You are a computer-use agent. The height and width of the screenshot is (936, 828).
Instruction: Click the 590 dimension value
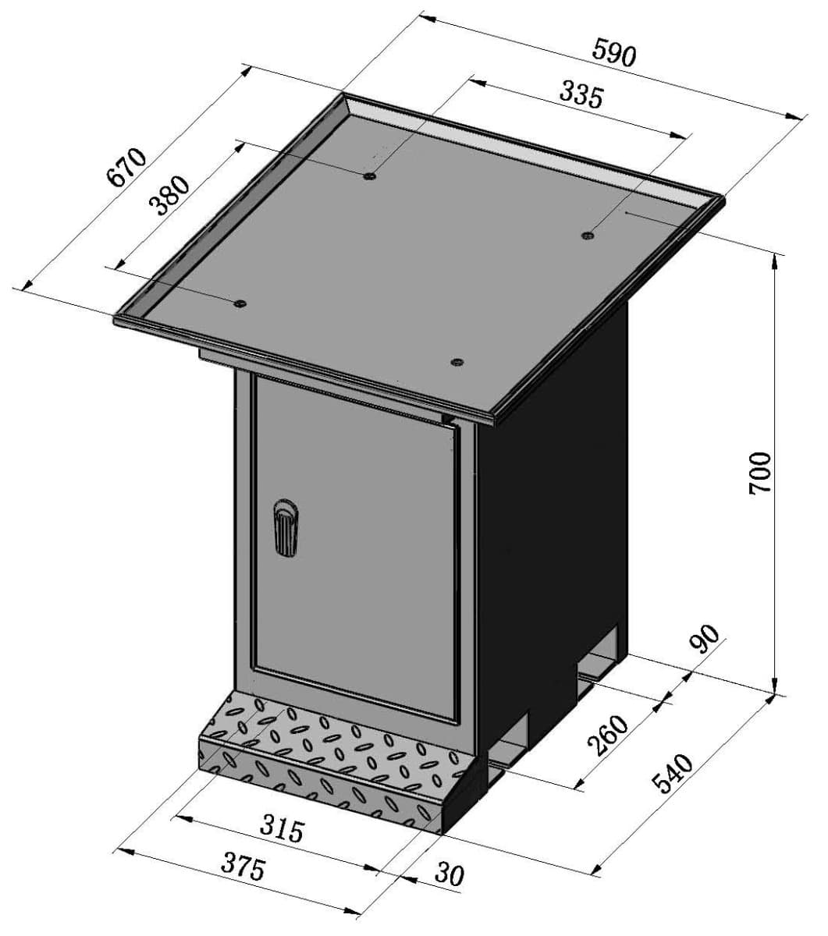[x=613, y=53]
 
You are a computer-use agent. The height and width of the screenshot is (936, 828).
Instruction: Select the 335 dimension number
[x=581, y=96]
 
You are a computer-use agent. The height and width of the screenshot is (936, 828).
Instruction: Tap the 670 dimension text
[x=126, y=167]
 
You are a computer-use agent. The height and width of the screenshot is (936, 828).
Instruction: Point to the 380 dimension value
[x=169, y=196]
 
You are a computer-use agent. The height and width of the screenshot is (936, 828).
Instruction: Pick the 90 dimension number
[x=704, y=639]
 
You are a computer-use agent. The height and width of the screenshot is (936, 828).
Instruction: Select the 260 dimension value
[x=608, y=736]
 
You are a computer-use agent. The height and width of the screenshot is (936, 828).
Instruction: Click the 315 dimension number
[x=282, y=829]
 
